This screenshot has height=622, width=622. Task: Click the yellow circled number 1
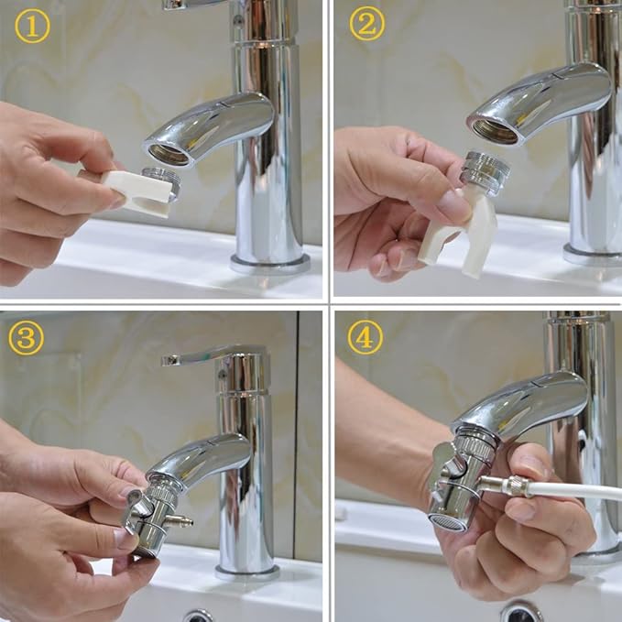coord(32,27)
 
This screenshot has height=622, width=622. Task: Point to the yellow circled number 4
coord(365,337)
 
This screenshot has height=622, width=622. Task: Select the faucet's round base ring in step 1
coord(269,263)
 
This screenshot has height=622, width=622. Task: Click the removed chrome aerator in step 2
coord(481,173)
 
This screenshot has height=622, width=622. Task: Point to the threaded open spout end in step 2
coord(496,129)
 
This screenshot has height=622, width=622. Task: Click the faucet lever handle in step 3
coord(206,354)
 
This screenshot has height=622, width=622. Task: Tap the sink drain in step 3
coord(198,615)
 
